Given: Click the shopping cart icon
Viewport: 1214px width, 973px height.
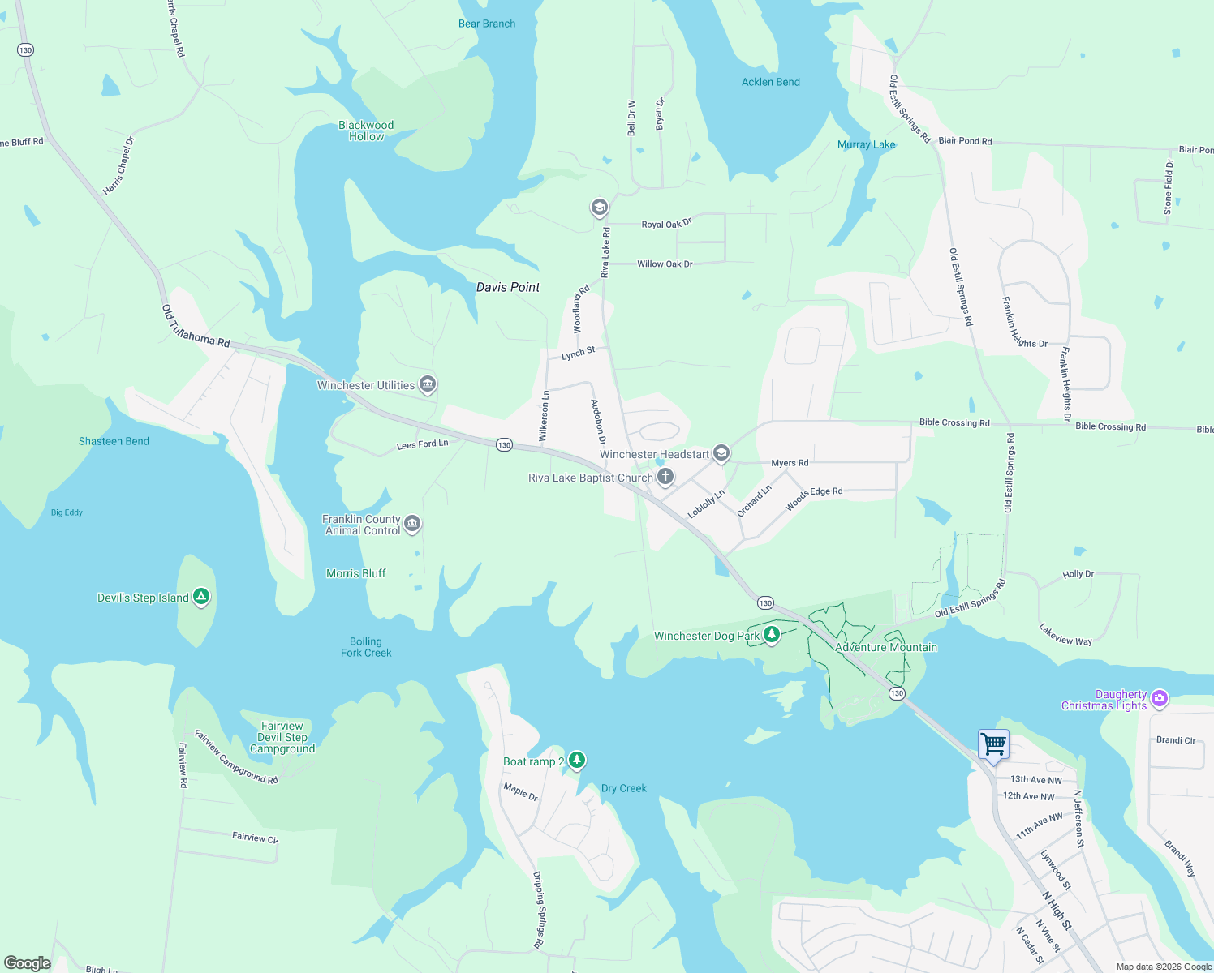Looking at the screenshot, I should [994, 743].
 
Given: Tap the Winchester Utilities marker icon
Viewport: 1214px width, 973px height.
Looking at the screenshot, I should [428, 384].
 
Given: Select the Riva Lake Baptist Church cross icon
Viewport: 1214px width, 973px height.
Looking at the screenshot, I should [665, 477].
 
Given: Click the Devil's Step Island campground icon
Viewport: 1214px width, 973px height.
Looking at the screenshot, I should [201, 597].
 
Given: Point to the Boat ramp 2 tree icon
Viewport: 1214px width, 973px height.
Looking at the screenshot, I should [576, 760].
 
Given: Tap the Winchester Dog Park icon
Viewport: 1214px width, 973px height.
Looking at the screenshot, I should [772, 634].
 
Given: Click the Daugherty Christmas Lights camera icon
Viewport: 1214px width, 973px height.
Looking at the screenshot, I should [1160, 698].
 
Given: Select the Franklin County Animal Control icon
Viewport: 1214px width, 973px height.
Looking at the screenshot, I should [412, 524].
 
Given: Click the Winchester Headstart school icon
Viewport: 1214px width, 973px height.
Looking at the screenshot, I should [721, 453].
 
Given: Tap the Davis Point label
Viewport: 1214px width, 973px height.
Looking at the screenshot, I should [508, 287].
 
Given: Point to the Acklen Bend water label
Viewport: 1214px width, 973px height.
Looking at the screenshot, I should [770, 82].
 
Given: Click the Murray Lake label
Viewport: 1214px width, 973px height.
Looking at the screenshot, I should [866, 144].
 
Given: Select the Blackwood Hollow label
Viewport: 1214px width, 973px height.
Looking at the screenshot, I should [366, 131].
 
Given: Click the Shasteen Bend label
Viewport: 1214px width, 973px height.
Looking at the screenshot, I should [114, 441].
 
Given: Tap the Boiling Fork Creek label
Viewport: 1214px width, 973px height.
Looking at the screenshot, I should [366, 647].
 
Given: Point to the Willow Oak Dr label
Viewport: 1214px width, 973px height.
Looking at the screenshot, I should [665, 264].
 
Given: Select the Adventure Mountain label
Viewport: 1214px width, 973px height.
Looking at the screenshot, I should [885, 647].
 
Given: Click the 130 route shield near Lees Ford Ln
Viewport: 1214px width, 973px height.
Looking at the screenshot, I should [505, 445].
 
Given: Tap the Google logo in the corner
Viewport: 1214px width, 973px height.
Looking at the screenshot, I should [27, 963].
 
